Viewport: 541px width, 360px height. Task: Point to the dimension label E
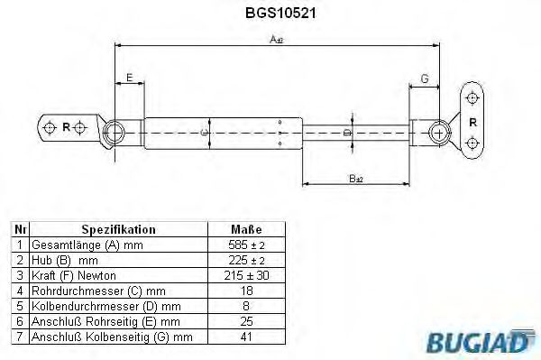[x=130, y=79]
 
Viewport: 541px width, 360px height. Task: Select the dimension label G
[x=424, y=79]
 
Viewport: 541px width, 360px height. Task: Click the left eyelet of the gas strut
[x=115, y=133]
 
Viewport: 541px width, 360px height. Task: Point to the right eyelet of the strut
[x=440, y=131]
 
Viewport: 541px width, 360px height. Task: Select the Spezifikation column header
[x=118, y=230]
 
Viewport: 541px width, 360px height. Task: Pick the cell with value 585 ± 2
[x=244, y=245]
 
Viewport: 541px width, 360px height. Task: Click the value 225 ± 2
[x=244, y=261]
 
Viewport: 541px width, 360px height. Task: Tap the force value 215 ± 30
[x=244, y=276]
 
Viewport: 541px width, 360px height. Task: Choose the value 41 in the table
[x=244, y=337]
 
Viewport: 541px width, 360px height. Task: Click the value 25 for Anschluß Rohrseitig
[x=244, y=322]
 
